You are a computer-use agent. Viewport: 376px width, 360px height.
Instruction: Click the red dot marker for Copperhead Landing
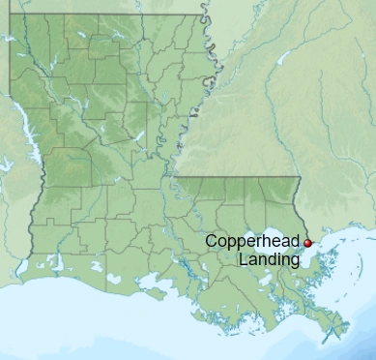pyautogui.click(x=308, y=243)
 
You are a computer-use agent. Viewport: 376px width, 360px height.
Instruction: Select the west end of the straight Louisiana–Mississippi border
pyautogui.click(x=177, y=178)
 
